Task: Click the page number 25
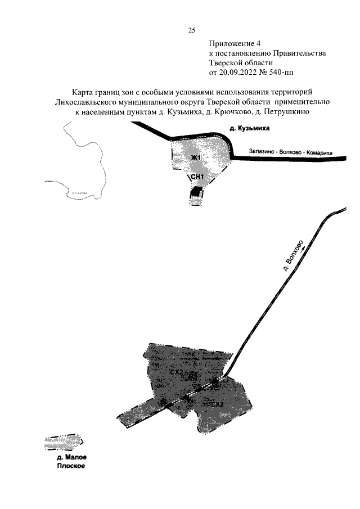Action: (x=191, y=30)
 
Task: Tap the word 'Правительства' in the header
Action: (x=298, y=53)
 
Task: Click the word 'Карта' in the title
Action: (x=83, y=92)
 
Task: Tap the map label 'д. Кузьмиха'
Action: (x=250, y=129)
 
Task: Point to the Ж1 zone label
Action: (x=195, y=157)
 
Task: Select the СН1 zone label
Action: (x=196, y=177)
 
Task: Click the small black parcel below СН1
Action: (x=195, y=192)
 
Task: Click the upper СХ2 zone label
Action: (x=176, y=372)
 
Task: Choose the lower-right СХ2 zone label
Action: (x=217, y=404)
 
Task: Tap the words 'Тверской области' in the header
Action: (x=241, y=62)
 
